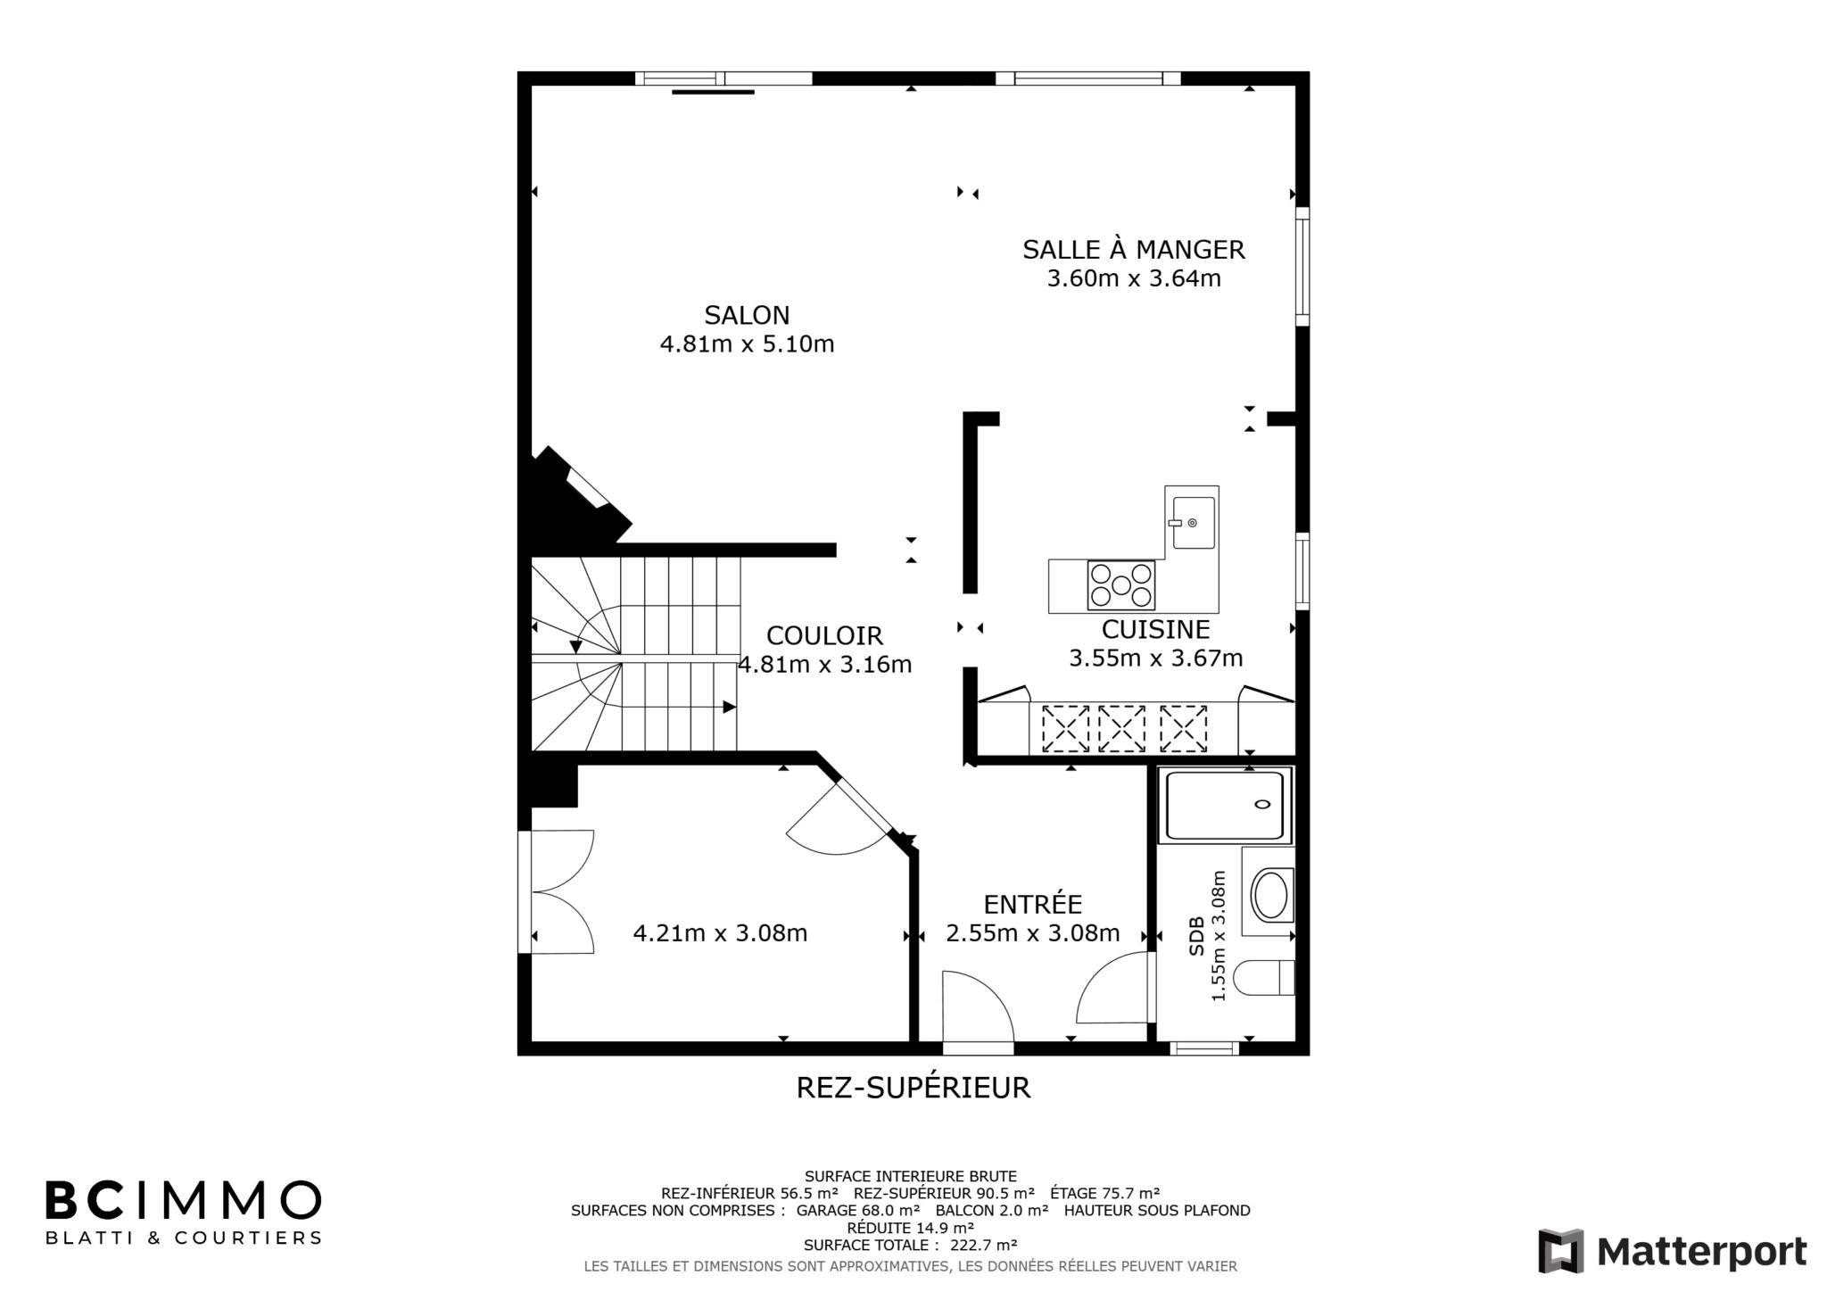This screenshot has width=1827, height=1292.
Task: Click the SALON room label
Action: tap(747, 315)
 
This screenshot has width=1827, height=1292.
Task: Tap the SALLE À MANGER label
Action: tap(1133, 249)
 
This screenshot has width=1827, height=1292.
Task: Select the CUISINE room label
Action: tap(1155, 629)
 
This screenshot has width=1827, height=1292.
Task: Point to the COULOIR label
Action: tap(824, 635)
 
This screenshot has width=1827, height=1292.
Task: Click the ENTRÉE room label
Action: tap(1032, 904)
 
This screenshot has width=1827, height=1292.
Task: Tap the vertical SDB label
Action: tap(1196, 936)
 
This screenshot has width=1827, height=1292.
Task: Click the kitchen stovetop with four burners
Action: tap(1120, 584)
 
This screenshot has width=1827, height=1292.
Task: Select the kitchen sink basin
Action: tap(1193, 523)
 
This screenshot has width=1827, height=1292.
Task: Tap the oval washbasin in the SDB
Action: tap(1269, 895)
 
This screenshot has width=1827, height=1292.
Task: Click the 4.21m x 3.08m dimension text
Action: tap(720, 933)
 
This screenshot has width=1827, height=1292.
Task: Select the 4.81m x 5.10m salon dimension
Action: tap(747, 344)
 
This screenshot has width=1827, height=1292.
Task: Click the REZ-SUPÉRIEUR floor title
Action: tap(913, 1087)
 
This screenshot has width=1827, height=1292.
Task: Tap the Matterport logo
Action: tap(1673, 1251)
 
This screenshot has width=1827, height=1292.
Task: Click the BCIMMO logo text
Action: tap(183, 1200)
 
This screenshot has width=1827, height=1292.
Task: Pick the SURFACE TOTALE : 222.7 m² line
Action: tap(910, 1245)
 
